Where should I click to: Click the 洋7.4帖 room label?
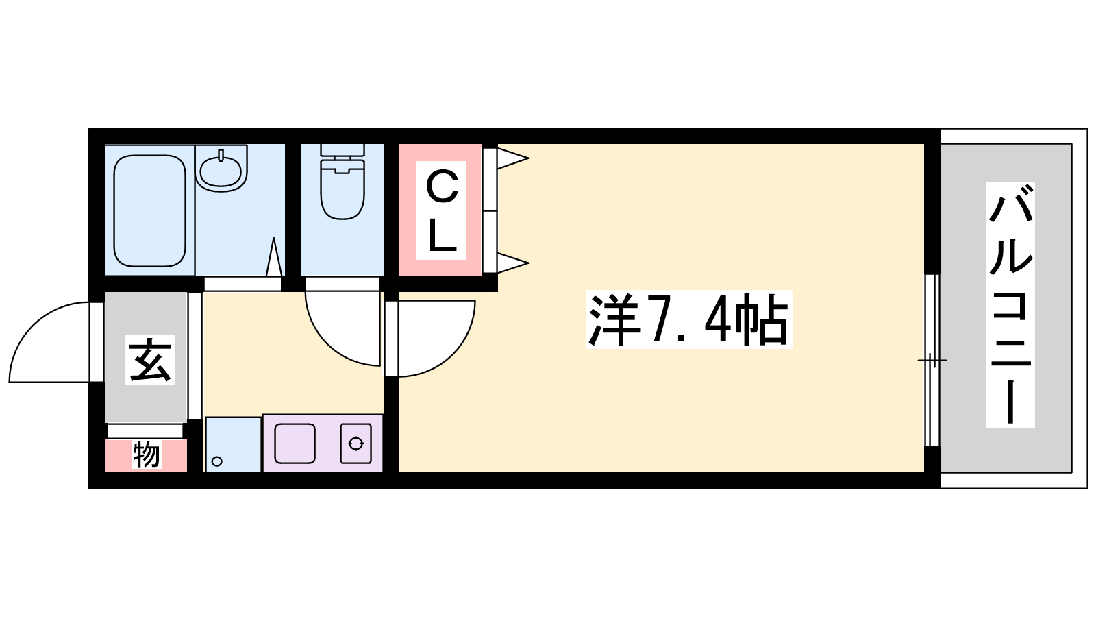tap(688, 319)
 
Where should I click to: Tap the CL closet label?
tap(442, 210)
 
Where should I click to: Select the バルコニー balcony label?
tap(1010, 305)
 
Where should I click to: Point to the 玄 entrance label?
tap(150, 360)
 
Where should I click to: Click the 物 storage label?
tap(146, 455)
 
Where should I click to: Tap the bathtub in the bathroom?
tap(149, 210)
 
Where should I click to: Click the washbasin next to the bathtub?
tap(221, 168)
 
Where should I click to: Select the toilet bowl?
tap(342, 192)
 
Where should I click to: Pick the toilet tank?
tap(342, 149)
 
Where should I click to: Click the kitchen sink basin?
tap(295, 444)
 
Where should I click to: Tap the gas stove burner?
tap(356, 444)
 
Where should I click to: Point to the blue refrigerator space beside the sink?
tap(233, 444)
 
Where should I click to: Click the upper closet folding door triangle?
tap(510, 158)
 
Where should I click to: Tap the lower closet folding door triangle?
tap(510, 263)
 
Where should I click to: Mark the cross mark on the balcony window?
tap(932, 360)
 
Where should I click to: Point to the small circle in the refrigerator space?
tap(217, 461)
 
